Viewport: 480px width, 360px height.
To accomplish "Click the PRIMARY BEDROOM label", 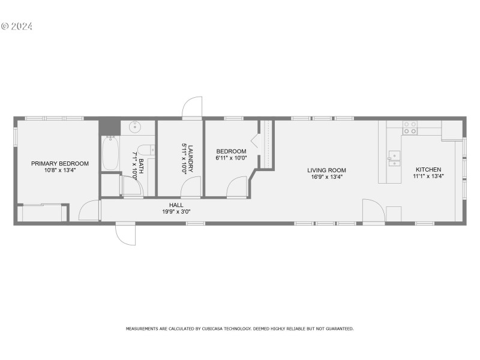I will click(60, 163).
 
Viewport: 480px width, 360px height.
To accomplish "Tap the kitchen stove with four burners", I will click(410, 127).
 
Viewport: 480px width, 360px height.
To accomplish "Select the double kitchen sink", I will click(394, 158).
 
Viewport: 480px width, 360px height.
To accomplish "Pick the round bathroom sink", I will click(134, 127).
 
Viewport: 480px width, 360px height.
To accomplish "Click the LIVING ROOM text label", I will click(327, 170).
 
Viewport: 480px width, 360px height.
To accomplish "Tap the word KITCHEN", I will click(428, 170).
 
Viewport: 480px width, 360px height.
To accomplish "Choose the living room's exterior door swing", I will click(372, 211).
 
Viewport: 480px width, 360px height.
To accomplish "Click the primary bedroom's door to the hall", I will click(89, 211).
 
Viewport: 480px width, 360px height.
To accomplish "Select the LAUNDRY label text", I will click(190, 159).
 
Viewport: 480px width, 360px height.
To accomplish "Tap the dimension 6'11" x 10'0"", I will click(231, 158).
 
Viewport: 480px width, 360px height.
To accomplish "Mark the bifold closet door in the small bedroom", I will click(256, 142).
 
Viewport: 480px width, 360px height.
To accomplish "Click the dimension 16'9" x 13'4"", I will click(327, 177).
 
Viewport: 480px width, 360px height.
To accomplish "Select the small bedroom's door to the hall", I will click(237, 187).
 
